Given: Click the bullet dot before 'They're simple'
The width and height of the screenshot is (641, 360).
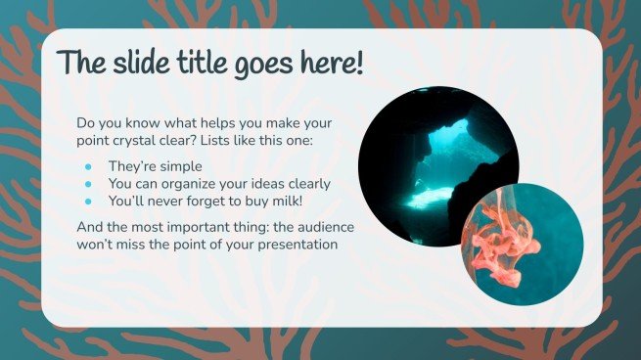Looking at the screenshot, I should [x=87, y=166].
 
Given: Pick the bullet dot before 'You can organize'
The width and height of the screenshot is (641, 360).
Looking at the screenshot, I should [x=87, y=183].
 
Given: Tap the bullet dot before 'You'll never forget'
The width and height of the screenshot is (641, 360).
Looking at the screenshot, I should [x=87, y=201].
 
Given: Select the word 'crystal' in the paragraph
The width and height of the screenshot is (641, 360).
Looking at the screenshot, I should [x=141, y=142].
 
